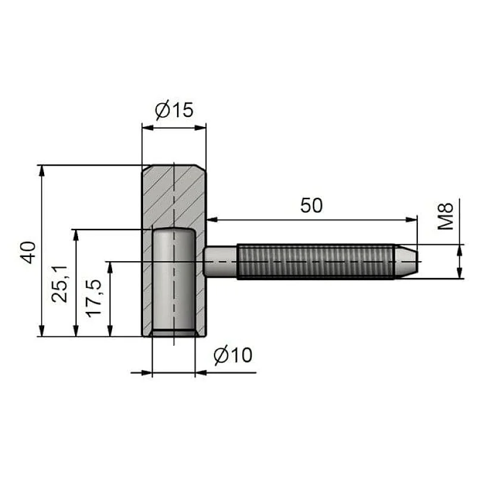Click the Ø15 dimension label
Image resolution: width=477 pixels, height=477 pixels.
(x=174, y=110)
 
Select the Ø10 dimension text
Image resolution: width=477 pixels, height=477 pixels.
(x=233, y=355)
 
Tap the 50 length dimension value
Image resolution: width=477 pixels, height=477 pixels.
(x=311, y=205)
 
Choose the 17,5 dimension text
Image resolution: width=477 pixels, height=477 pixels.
(x=94, y=298)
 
